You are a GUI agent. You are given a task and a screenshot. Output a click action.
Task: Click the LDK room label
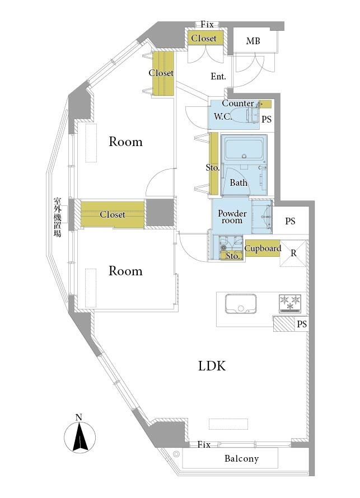pyautogui.click(x=212, y=366)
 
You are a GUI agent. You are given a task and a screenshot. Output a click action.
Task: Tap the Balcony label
pyautogui.click(x=241, y=458)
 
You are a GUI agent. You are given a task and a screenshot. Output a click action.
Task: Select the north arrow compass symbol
pyautogui.click(x=80, y=434)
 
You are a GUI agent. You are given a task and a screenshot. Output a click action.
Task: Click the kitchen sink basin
pyautogui.click(x=241, y=304)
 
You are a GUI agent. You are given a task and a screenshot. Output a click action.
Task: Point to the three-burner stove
pyautogui.click(x=290, y=303)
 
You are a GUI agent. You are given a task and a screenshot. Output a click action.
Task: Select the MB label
pyautogui.click(x=253, y=41)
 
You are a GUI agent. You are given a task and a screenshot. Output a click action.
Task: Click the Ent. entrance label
pyautogui.click(x=218, y=76)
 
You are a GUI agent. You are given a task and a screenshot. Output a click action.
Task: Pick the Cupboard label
pyautogui.click(x=263, y=248)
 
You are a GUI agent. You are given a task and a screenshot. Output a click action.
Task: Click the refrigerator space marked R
pyautogui.click(x=293, y=253)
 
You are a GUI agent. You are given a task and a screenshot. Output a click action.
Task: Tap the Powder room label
pyautogui.click(x=232, y=217)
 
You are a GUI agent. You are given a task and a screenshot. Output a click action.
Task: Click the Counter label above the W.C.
pyautogui.click(x=238, y=103)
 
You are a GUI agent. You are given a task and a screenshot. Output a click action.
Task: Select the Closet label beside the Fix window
pyautogui.click(x=204, y=38)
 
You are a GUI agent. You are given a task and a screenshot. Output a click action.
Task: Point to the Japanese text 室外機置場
pyautogui.click(x=57, y=218)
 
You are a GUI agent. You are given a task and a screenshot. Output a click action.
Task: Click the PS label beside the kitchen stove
pyautogui.click(x=302, y=324)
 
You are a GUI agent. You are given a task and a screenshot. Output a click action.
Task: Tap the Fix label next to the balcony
pyautogui.click(x=204, y=444)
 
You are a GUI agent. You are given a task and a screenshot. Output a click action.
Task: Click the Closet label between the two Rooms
pyautogui.click(x=113, y=214)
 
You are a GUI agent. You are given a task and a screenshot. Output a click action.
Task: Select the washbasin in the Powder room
pyautogui.click(x=262, y=217)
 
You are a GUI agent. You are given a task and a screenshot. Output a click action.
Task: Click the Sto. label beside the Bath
pyautogui.click(x=213, y=167)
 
